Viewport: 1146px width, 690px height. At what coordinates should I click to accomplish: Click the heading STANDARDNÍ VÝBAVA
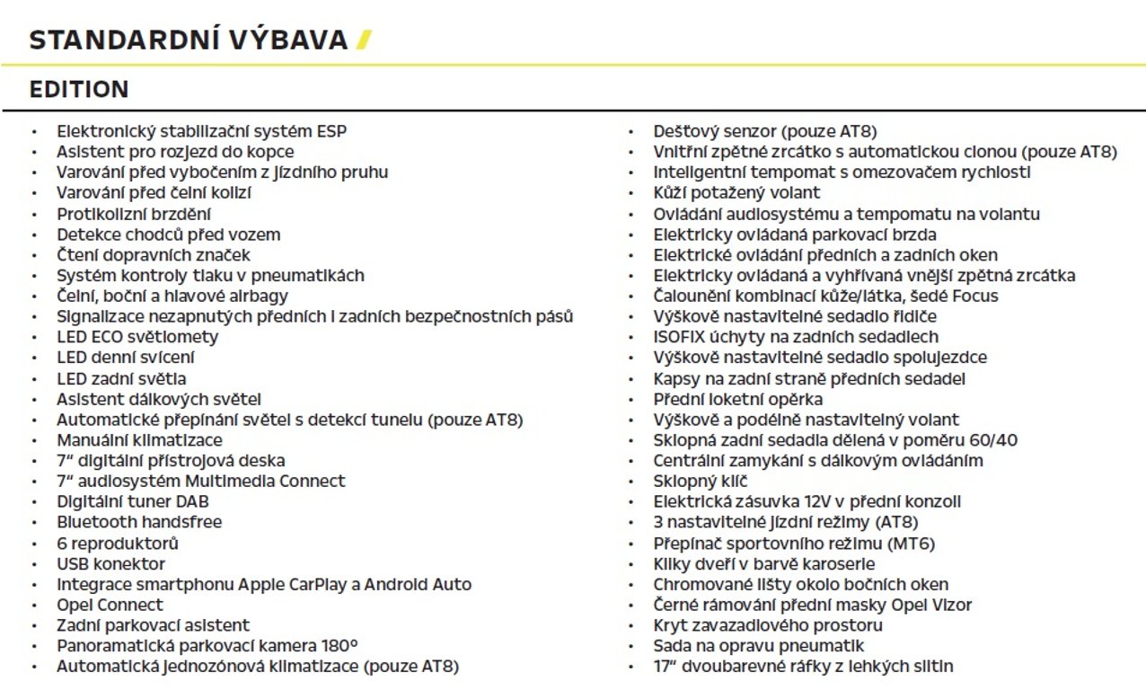click(x=188, y=40)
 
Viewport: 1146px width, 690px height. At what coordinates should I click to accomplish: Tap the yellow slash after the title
click(x=363, y=40)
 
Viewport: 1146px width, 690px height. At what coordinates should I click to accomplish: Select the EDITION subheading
click(x=79, y=90)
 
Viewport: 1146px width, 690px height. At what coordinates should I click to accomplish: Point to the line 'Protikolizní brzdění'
click(x=134, y=214)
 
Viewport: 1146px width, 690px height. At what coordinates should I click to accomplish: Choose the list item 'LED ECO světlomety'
click(x=137, y=337)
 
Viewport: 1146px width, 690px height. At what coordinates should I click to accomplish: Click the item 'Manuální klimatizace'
click(x=139, y=440)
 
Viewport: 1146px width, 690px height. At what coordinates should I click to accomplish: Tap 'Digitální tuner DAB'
click(x=132, y=501)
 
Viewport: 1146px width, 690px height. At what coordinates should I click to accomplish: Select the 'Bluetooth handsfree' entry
click(x=138, y=522)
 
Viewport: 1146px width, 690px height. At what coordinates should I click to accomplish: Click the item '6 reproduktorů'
click(x=118, y=544)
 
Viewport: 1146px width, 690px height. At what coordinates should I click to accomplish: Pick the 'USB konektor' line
click(x=110, y=564)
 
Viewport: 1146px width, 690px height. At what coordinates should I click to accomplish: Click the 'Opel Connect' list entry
click(x=110, y=605)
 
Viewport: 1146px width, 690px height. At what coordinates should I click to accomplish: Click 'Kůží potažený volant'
click(x=736, y=193)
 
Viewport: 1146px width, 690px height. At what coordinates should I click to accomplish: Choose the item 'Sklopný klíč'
click(x=701, y=482)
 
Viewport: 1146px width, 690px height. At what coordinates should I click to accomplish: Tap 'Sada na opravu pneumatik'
click(x=758, y=646)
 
